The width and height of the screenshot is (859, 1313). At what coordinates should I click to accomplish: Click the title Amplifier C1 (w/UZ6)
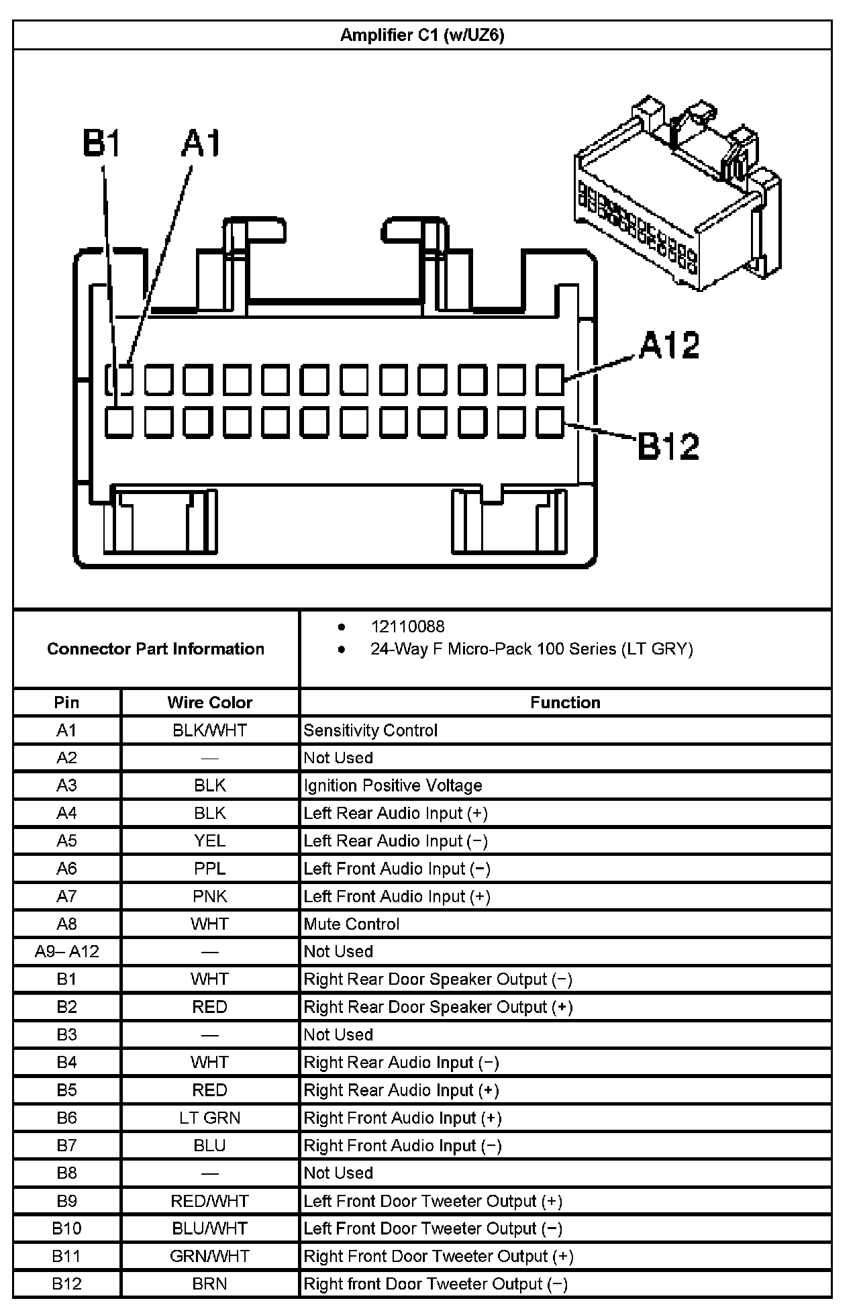(421, 35)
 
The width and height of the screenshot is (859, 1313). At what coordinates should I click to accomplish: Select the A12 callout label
(669, 345)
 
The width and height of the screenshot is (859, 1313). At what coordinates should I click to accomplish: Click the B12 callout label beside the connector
(668, 446)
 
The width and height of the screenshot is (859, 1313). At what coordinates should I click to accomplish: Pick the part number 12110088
(407, 626)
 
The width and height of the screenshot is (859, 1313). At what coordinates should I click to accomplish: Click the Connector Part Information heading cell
(156, 648)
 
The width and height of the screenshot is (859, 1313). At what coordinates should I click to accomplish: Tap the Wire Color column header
(209, 702)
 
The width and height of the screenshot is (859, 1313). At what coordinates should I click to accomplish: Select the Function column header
(565, 702)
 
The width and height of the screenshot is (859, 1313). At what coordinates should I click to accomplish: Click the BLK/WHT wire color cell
(209, 730)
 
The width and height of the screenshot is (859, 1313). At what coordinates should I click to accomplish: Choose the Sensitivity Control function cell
(370, 730)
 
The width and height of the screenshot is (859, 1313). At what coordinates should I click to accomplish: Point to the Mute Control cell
(351, 924)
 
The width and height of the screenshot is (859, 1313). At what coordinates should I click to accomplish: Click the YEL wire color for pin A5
(209, 840)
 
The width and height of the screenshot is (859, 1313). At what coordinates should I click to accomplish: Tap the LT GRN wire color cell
(209, 1118)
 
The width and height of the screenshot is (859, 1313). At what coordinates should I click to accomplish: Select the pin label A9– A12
(66, 951)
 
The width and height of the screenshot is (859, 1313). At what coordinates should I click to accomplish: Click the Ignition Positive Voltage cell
(393, 785)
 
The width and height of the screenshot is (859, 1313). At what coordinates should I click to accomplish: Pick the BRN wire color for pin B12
(209, 1283)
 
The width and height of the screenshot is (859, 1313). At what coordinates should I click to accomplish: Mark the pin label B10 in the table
(66, 1228)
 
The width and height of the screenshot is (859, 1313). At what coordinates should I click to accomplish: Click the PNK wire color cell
(209, 896)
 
